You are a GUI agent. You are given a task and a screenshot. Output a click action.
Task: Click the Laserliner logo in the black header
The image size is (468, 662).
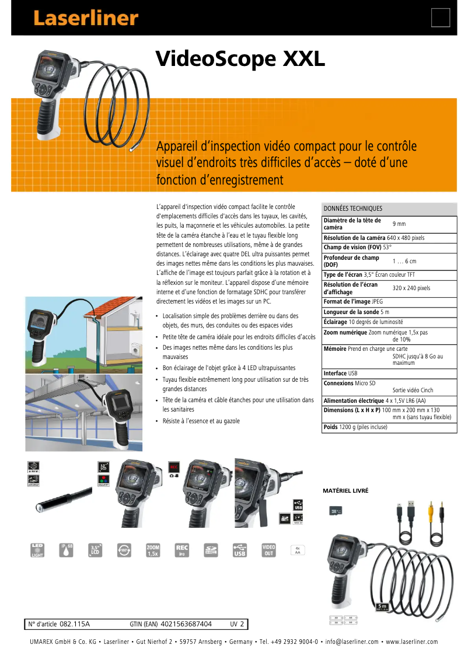tap(85, 18)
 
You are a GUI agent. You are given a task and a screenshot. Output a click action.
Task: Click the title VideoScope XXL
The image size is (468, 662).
tap(240, 59)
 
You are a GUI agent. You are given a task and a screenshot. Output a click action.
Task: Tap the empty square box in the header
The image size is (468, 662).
tap(441, 18)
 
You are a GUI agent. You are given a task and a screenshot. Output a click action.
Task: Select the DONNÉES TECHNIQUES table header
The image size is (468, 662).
tap(353, 208)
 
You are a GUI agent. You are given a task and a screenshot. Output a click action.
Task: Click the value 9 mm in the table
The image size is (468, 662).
tap(399, 224)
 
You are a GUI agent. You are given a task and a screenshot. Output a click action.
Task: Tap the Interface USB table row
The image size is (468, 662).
tap(341, 373)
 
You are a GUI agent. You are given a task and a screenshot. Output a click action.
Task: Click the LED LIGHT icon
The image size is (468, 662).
tap(37, 550)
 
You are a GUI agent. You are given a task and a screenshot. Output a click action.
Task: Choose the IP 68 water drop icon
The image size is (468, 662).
tap(67, 550)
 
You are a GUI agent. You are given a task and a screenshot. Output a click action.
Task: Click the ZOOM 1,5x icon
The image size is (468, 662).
tap(152, 550)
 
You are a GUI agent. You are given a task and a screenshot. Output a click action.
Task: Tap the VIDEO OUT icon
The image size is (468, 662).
tap(268, 550)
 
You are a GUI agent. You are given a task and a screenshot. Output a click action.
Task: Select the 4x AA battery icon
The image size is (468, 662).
tap(298, 550)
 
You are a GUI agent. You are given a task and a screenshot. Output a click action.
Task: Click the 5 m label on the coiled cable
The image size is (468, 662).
tap(382, 607)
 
